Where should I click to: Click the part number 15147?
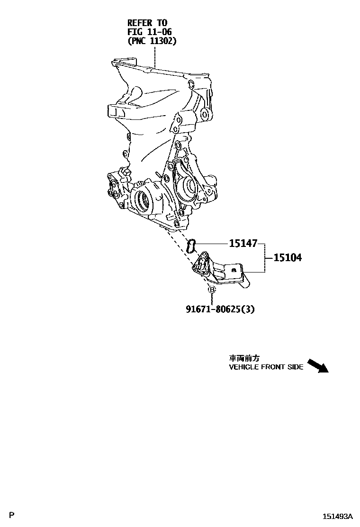[243, 244]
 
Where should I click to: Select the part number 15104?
[288, 258]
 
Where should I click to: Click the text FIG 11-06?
[149, 32]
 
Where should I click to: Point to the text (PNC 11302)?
[152, 41]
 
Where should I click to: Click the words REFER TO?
[147, 23]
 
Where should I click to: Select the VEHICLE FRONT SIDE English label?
[266, 367]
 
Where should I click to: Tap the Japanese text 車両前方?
[244, 359]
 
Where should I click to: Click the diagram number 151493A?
[338, 516]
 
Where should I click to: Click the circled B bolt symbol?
[212, 290]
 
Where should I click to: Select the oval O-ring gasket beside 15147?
[192, 246]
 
